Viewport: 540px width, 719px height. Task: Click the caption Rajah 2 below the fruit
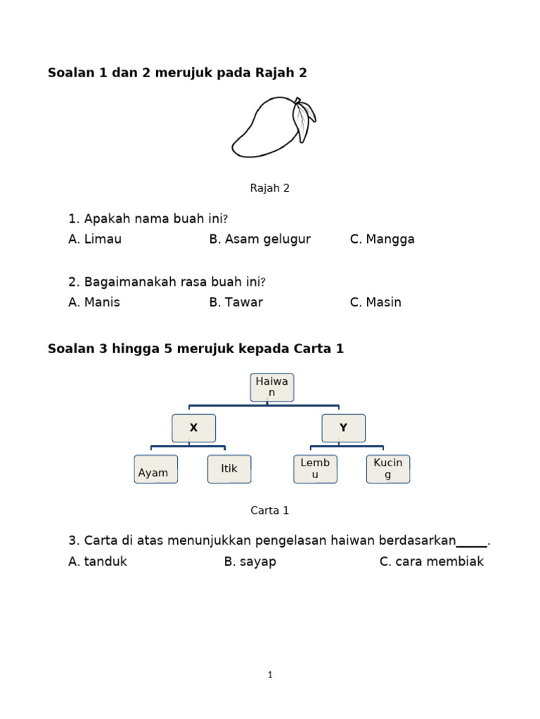point(270,188)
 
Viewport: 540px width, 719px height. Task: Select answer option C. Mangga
point(382,239)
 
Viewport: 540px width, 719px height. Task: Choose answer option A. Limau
point(95,239)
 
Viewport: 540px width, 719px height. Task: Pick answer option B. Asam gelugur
point(259,239)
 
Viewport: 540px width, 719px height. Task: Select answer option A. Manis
point(94,302)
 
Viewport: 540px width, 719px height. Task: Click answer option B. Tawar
point(236,302)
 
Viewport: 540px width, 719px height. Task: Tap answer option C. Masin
point(375,302)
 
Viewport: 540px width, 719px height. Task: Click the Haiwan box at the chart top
point(272,388)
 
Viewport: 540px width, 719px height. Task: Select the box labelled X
point(193,428)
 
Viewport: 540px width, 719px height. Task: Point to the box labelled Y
point(343,428)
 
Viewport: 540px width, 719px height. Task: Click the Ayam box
point(155,469)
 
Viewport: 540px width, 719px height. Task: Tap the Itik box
point(229,469)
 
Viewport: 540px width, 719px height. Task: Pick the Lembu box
point(315,469)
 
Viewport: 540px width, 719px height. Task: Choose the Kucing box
point(388,469)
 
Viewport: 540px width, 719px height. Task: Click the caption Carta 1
point(270,510)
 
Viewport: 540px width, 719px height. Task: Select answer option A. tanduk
point(98,562)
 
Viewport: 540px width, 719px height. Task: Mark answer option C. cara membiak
point(432,562)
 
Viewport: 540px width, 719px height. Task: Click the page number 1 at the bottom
point(270,675)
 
